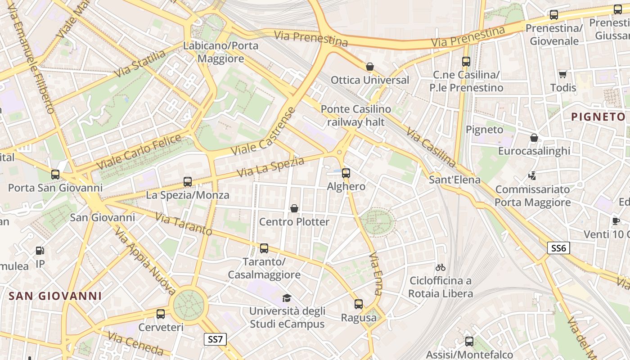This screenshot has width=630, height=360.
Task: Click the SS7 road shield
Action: pyautogui.click(x=216, y=339)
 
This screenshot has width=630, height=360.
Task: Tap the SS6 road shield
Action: pyautogui.click(x=558, y=247)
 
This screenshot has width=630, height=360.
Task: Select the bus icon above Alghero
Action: pyautogui.click(x=346, y=173)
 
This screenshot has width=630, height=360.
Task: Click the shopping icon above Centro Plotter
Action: pyautogui.click(x=294, y=208)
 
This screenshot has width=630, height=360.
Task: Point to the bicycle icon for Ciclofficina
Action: pyautogui.click(x=441, y=267)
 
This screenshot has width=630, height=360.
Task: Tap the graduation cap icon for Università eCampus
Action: pyautogui.click(x=287, y=298)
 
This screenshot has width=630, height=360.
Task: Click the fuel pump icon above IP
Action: pyautogui.click(x=40, y=251)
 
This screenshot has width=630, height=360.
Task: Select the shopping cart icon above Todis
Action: pyautogui.click(x=562, y=74)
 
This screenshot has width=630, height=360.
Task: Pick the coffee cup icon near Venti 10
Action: pyautogui.click(x=616, y=221)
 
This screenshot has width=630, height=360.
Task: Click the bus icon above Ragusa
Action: pyautogui.click(x=358, y=304)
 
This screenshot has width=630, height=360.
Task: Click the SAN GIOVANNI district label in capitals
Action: pyautogui.click(x=55, y=296)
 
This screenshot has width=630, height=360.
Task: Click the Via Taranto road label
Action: pyautogui.click(x=183, y=224)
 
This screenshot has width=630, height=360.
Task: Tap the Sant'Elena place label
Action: pyautogui.click(x=454, y=180)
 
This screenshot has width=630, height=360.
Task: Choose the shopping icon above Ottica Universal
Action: pyautogui.click(x=370, y=67)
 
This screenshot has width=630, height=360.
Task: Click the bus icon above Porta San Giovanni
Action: pyautogui.click(x=55, y=175)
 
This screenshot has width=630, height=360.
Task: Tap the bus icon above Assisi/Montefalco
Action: pyautogui.click(x=469, y=342)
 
